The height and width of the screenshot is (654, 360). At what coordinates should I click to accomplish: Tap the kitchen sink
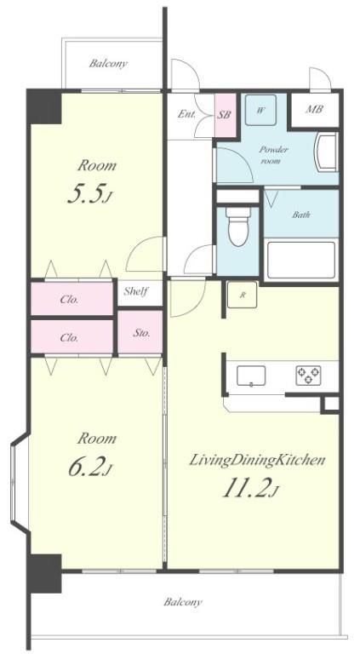click(251, 376)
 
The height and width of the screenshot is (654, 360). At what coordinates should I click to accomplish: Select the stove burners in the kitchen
click(308, 375)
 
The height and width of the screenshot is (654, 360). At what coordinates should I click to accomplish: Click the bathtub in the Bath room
click(301, 260)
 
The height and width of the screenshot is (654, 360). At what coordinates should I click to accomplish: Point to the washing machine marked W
click(260, 110)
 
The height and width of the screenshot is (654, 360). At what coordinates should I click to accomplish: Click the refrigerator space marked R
click(242, 295)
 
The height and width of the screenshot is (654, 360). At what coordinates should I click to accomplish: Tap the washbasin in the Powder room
click(326, 152)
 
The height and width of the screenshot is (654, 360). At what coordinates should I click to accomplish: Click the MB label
click(314, 109)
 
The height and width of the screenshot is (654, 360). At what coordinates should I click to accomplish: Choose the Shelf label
click(136, 291)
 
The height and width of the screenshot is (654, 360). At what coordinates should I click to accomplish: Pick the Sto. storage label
click(141, 333)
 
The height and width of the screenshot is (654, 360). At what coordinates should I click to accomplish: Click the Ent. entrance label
click(186, 114)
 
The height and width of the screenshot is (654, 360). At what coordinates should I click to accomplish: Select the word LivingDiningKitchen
click(257, 461)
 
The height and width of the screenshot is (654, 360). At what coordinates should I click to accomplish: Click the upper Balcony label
click(108, 64)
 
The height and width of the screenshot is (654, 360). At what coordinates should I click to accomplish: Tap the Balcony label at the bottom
click(183, 602)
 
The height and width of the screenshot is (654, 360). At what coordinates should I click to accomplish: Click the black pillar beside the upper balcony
click(44, 106)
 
